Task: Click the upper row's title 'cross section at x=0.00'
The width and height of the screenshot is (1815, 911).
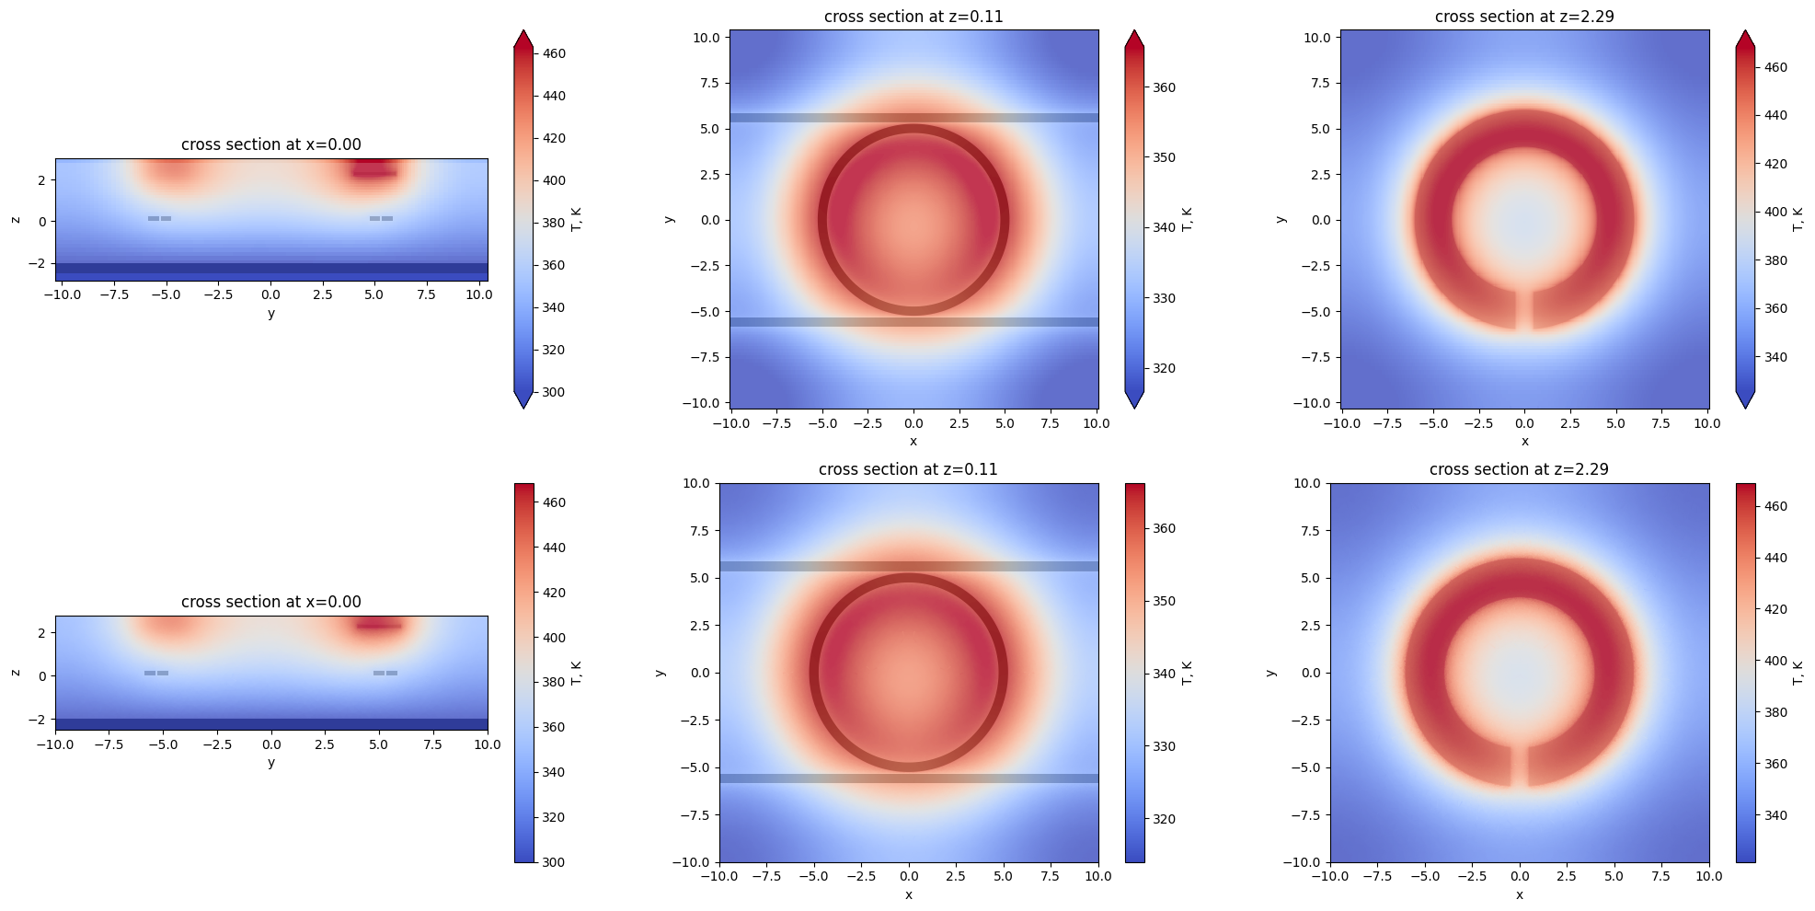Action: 270,144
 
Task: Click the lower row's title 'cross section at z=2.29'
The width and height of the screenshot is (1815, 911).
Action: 1519,469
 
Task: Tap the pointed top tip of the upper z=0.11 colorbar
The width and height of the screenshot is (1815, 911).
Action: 1134,33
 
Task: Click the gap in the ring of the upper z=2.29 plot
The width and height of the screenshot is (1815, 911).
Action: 1524,310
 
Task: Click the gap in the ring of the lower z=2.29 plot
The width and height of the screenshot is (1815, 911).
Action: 1519,766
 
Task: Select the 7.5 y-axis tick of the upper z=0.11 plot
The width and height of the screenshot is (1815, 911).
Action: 706,83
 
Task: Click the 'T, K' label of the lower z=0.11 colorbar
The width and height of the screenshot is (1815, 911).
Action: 1188,673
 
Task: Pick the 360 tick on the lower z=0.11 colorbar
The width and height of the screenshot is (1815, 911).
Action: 1164,528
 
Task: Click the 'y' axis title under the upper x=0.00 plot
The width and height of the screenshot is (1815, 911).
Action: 270,314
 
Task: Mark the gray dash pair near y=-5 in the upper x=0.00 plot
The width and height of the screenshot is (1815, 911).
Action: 160,218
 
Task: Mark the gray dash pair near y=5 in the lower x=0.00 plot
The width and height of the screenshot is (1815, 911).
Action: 385,673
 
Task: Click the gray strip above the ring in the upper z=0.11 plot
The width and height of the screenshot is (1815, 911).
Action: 913,118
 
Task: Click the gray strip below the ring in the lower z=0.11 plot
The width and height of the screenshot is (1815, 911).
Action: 909,778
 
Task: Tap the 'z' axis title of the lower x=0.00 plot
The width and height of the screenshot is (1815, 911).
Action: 16,673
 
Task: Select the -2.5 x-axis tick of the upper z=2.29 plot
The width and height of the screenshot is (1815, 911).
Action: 1478,423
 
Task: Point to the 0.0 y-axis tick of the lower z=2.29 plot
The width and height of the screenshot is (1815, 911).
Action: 1310,673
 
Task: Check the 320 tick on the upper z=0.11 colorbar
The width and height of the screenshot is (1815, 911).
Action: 1164,368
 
